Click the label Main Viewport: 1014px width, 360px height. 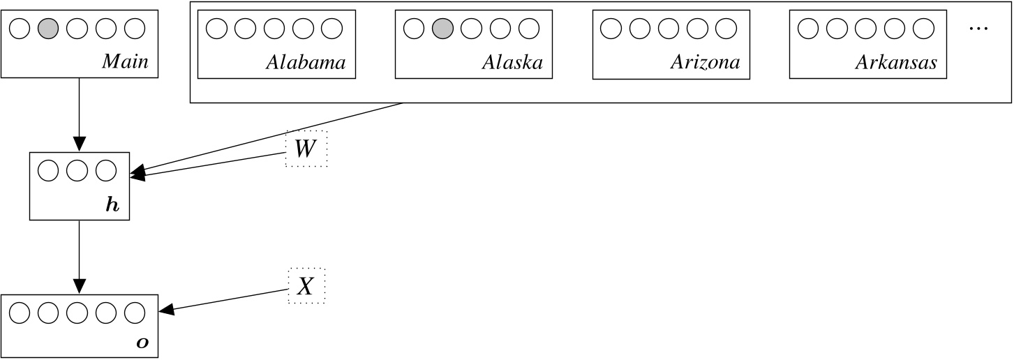coord(126,62)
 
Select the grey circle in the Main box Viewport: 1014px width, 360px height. coord(47,29)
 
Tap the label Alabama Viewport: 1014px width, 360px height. coord(306,63)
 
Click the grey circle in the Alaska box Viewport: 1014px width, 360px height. coord(442,29)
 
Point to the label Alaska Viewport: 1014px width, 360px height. coord(512,63)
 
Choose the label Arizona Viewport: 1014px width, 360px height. coord(705,63)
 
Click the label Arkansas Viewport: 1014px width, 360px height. coord(896,63)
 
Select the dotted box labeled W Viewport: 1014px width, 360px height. coord(306,149)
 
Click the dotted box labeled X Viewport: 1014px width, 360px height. coord(306,287)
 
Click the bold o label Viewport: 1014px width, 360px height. coord(142,343)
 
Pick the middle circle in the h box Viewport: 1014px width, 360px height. coord(77,171)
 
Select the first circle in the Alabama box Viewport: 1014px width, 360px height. coord(217,29)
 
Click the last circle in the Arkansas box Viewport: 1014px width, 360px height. coord(923,29)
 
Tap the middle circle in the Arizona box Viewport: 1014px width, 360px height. coord(669,29)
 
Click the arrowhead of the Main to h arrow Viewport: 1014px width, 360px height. coord(79,144)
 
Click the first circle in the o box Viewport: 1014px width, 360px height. coord(20,313)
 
